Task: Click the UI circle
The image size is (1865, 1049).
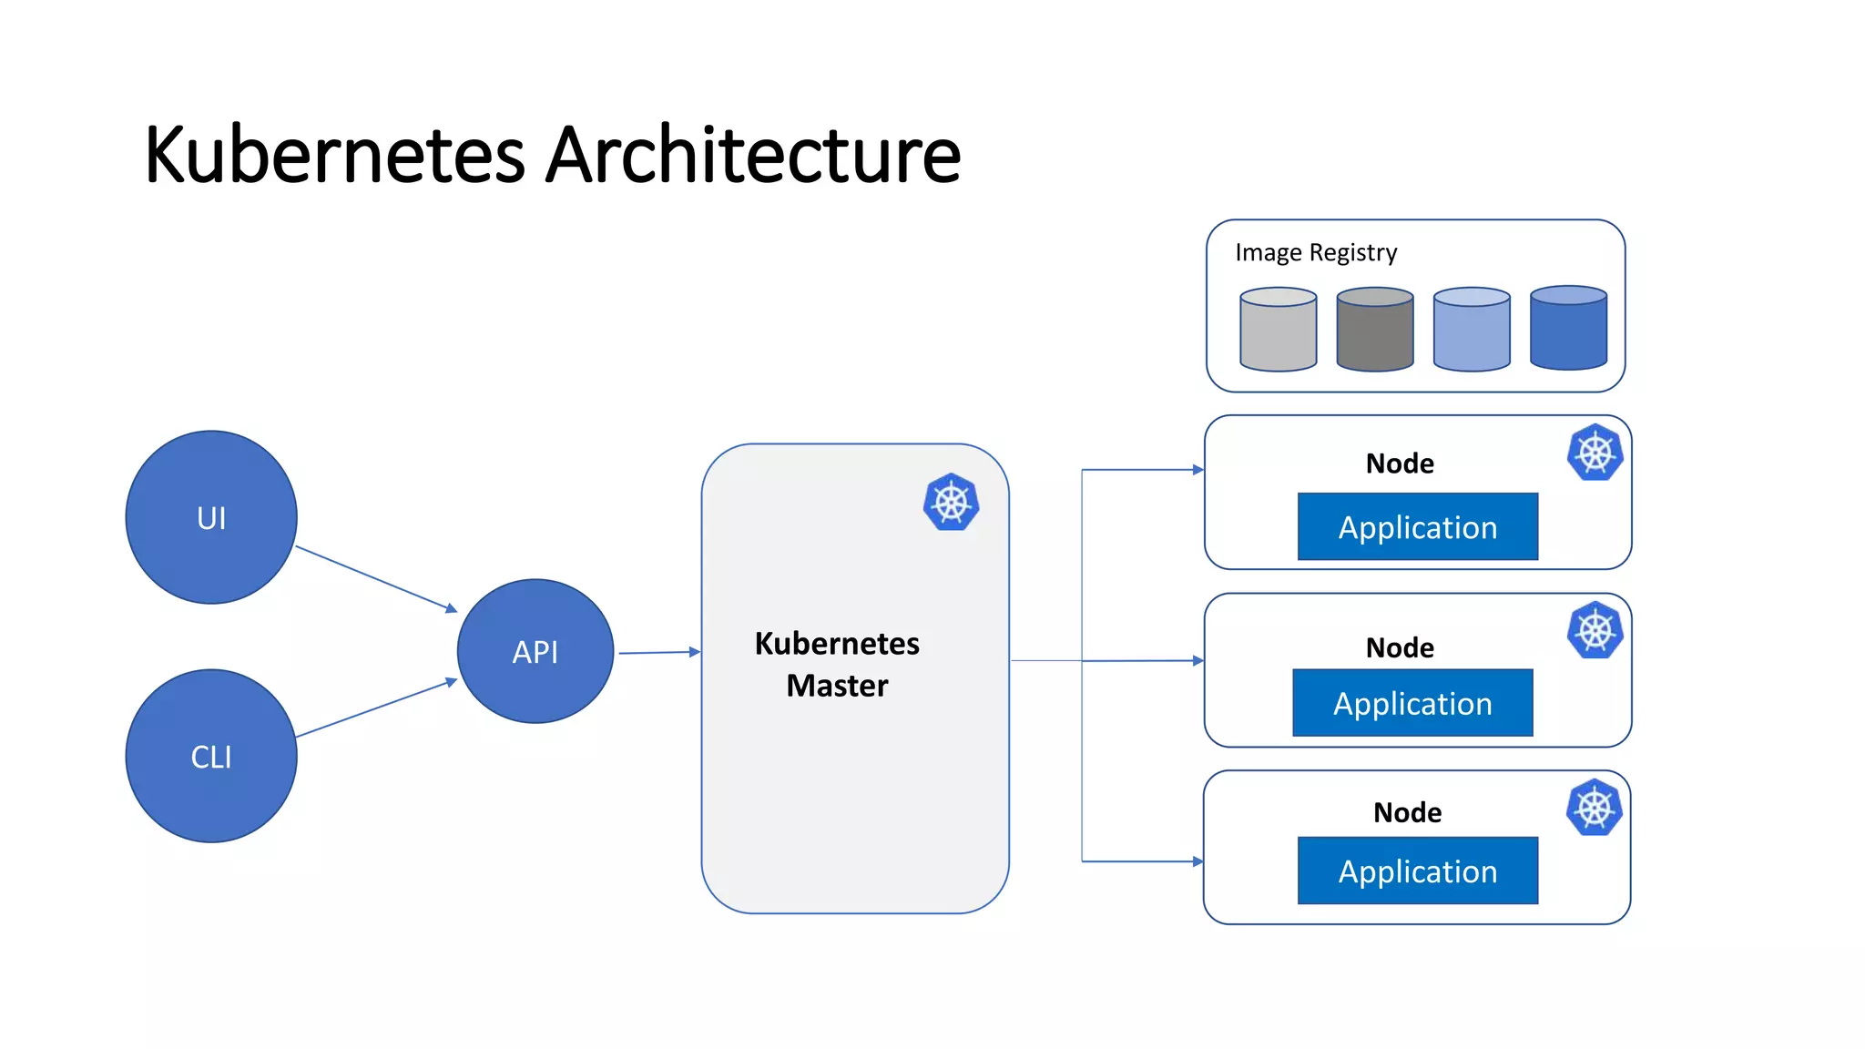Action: click(211, 517)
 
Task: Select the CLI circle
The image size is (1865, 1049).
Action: click(211, 756)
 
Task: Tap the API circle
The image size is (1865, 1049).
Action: click(535, 651)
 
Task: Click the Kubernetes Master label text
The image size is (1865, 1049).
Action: click(837, 664)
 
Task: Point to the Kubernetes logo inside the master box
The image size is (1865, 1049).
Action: click(951, 502)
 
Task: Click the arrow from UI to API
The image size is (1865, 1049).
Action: click(376, 578)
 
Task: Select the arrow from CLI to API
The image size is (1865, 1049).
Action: click(376, 708)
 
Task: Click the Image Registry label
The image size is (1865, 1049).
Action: click(1316, 252)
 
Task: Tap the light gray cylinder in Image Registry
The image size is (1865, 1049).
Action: click(1278, 330)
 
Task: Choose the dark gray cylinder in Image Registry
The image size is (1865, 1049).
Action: click(1374, 330)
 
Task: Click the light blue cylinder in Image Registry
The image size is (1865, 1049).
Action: click(1472, 330)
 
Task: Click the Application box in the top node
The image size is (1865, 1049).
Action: click(1417, 527)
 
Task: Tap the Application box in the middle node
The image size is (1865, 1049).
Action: click(1412, 703)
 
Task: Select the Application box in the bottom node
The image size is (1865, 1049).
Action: click(1417, 871)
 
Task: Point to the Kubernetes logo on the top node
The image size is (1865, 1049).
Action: click(1595, 453)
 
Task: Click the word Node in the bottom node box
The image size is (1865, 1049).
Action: click(1407, 812)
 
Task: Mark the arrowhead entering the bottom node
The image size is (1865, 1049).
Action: click(1197, 861)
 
